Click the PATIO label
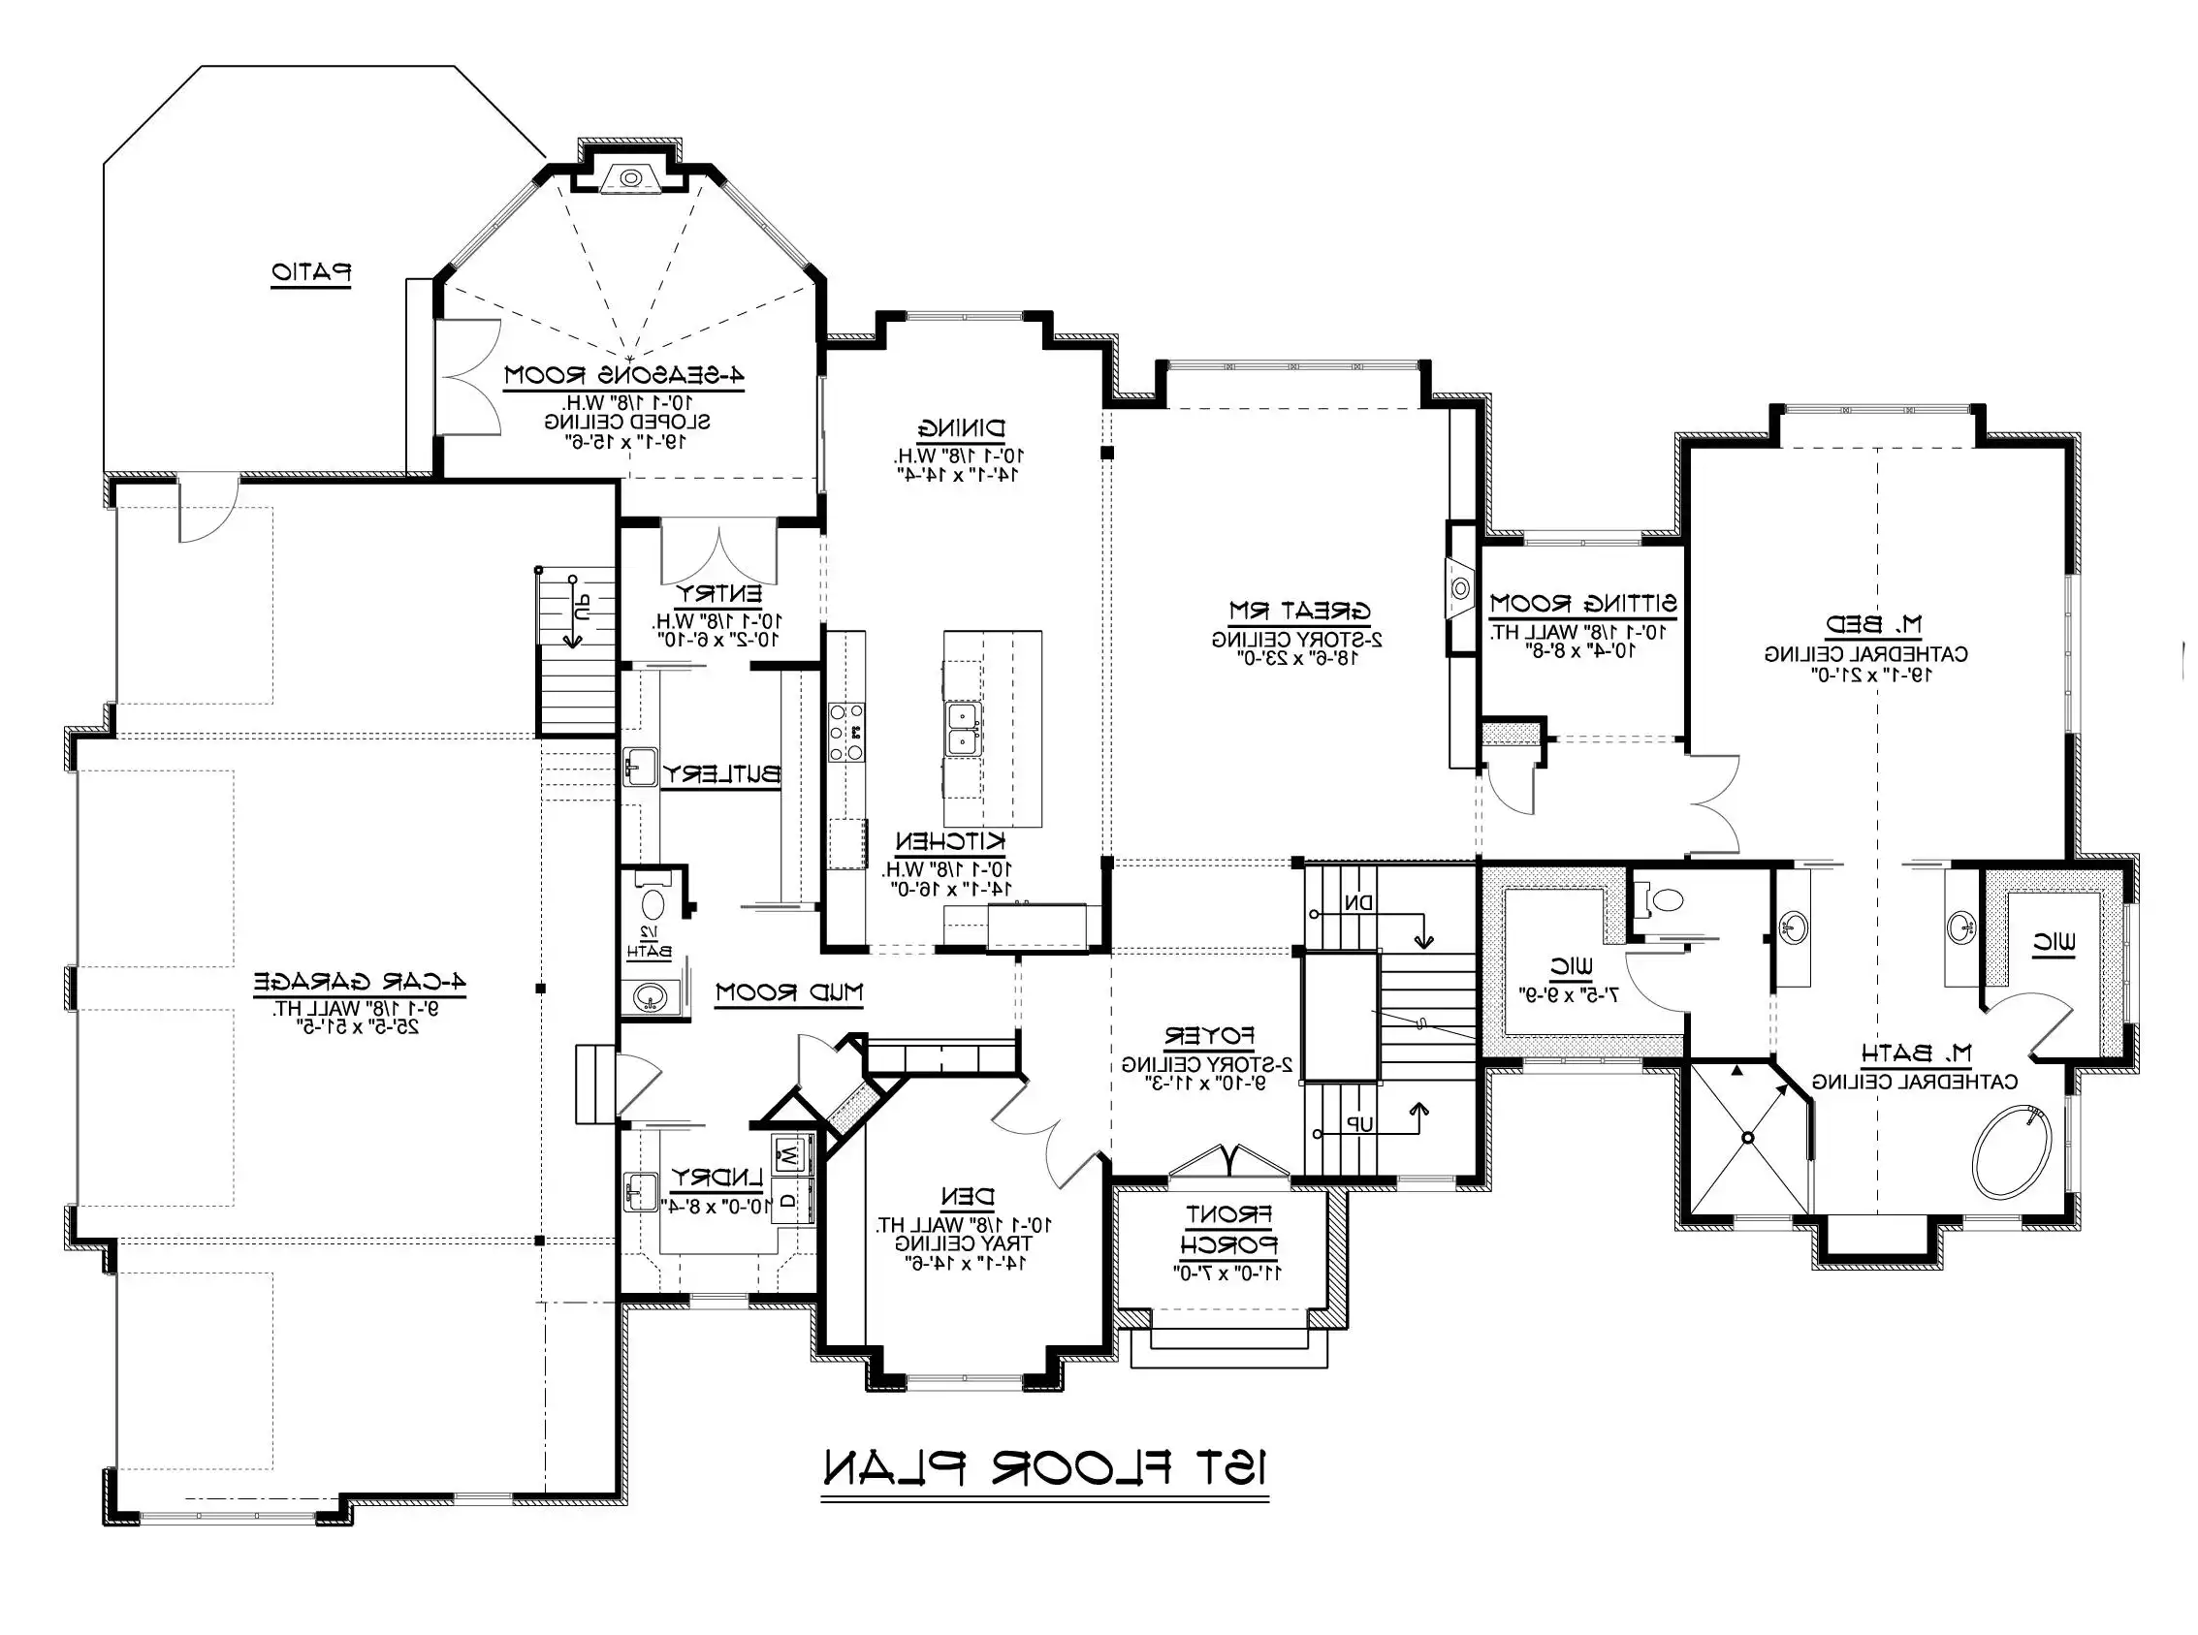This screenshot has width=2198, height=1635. pos(312,272)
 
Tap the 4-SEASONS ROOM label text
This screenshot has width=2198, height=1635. pos(623,375)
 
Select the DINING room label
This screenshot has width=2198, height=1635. pos(961,428)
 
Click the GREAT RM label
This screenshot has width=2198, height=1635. pos(1299,611)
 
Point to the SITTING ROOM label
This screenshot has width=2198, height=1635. pos(1582,603)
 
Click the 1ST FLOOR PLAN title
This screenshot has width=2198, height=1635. pos(1045,1468)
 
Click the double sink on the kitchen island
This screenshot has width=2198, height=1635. pos(963,729)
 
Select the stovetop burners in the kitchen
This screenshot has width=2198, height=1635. pos(846,733)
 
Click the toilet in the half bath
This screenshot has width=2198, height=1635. pos(653,902)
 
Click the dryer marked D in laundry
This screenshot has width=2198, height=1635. pos(789,1200)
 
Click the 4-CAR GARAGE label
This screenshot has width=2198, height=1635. pos(360,982)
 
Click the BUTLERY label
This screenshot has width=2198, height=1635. pos(720,774)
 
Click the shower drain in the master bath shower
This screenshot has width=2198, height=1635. pos(1747,1137)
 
